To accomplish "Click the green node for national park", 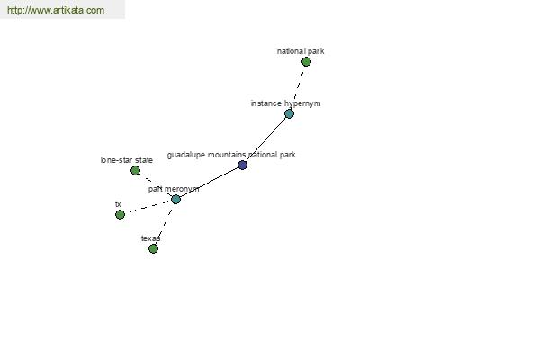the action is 306,62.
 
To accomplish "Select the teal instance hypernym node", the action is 289,114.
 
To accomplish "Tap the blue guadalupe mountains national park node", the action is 242,165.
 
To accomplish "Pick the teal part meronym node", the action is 175,199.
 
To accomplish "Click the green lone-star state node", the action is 135,170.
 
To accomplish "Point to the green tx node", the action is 120,214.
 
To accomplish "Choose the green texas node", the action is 153,248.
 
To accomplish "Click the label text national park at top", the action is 301,51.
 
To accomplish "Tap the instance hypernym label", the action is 285,103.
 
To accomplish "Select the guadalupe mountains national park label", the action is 231,155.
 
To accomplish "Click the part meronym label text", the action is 174,189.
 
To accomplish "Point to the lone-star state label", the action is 126,160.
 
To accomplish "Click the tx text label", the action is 118,204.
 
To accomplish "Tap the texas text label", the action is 150,238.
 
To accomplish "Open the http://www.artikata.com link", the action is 56,10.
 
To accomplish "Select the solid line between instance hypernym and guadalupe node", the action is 265,139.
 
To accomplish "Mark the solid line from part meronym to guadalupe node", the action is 209,182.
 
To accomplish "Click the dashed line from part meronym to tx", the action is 148,207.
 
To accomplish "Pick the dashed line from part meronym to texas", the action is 165,224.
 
